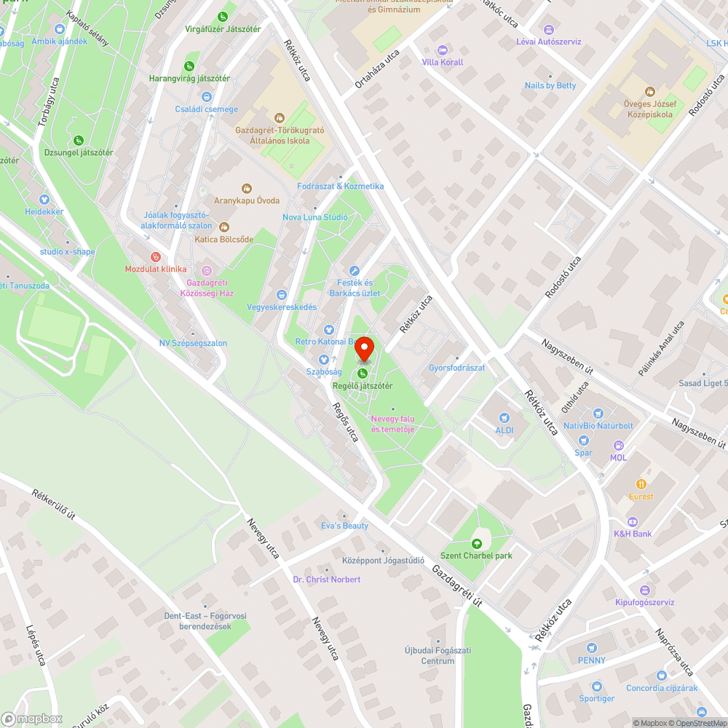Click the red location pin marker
click(x=364, y=349)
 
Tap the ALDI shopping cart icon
click(x=504, y=418)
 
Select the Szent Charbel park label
click(x=477, y=555)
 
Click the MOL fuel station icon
click(x=619, y=446)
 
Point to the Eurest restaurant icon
click(x=641, y=484)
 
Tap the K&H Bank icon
click(x=632, y=521)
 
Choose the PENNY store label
click(x=591, y=660)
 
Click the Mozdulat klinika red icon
click(x=154, y=257)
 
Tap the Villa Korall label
click(x=442, y=62)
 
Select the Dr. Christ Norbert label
click(x=326, y=579)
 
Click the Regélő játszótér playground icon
click(x=363, y=373)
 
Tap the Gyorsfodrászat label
click(x=456, y=368)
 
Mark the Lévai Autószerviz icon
click(x=549, y=30)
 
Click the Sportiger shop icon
click(x=597, y=686)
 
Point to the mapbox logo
click(x=33, y=718)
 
